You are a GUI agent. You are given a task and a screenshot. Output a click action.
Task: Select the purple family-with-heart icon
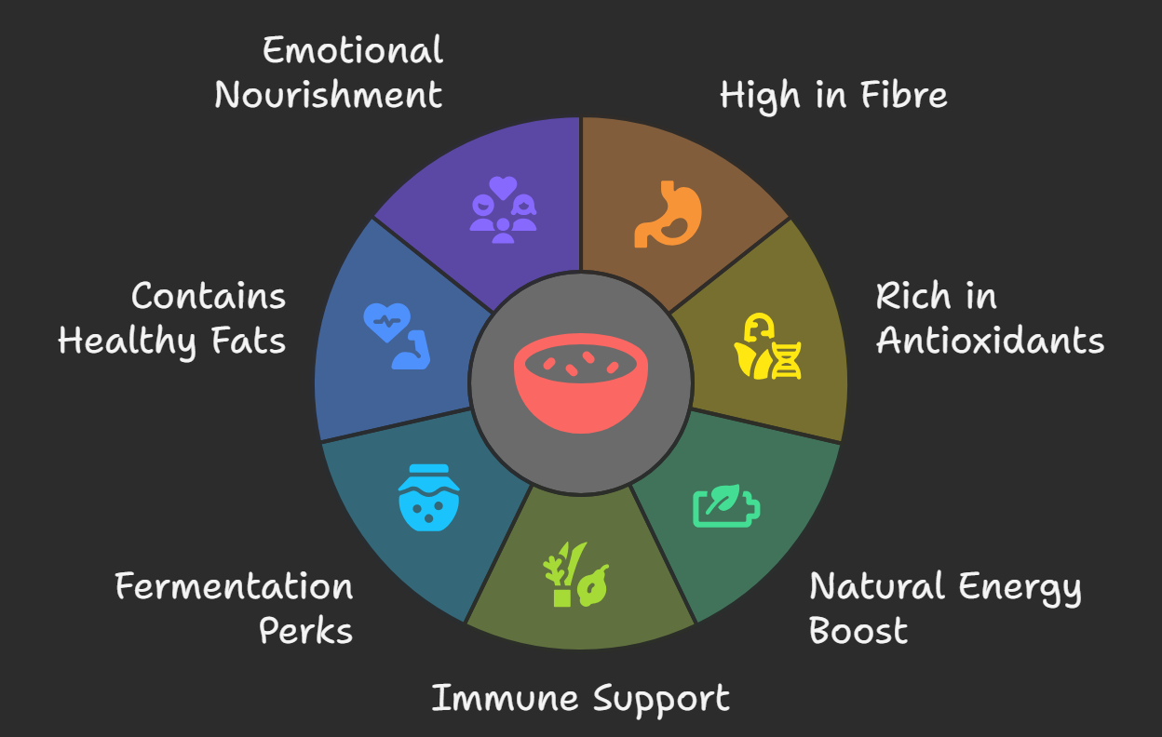point(503,210)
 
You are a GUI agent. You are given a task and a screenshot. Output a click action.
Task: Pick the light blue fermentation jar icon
point(429,498)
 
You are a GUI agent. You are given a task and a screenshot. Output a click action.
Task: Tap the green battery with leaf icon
point(726,505)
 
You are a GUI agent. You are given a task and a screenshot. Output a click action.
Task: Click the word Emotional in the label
point(353,50)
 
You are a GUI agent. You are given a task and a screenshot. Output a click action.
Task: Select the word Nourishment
point(329,95)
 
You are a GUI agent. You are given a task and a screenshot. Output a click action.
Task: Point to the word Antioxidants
point(990,341)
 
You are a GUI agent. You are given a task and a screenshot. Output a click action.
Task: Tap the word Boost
point(858,631)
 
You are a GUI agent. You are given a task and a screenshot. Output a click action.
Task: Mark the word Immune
point(499,698)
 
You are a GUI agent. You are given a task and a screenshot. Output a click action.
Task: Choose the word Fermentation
point(234,587)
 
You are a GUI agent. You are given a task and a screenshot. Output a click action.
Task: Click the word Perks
point(305,631)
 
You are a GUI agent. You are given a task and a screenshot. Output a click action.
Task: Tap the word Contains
point(209,297)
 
